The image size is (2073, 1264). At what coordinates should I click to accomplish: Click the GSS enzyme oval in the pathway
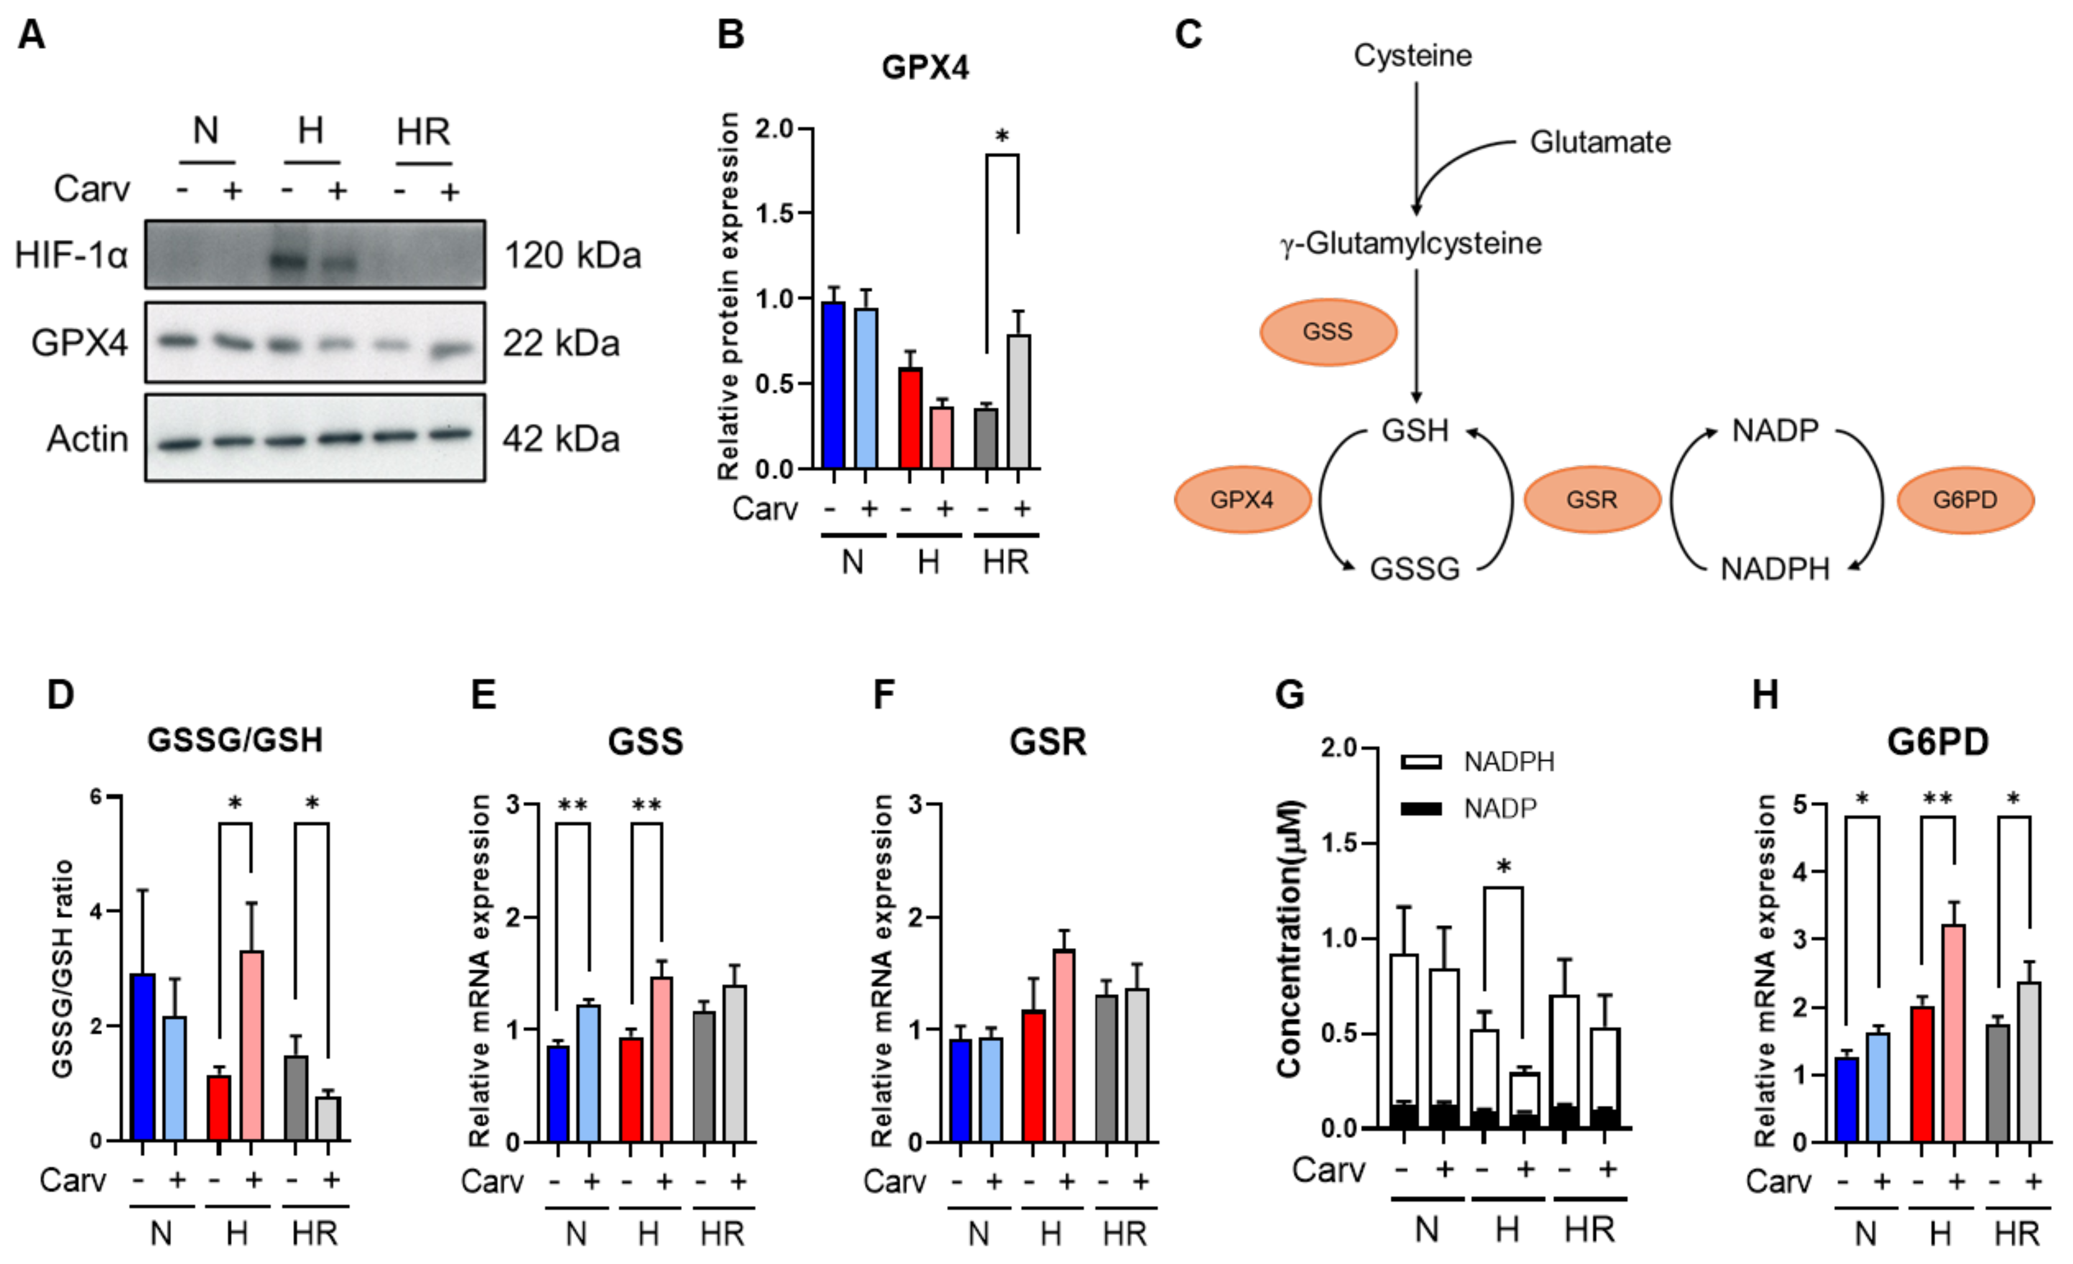(x=1327, y=332)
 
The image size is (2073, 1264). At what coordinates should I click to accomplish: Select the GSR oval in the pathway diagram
(x=1592, y=500)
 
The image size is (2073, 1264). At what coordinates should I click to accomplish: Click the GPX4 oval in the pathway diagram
(x=1242, y=500)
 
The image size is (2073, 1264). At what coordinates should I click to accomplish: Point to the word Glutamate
(x=1599, y=142)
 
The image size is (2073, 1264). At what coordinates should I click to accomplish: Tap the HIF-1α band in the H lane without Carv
(x=288, y=260)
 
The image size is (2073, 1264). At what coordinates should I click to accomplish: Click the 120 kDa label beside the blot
(x=572, y=255)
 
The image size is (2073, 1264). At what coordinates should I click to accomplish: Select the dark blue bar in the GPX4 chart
(x=833, y=386)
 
